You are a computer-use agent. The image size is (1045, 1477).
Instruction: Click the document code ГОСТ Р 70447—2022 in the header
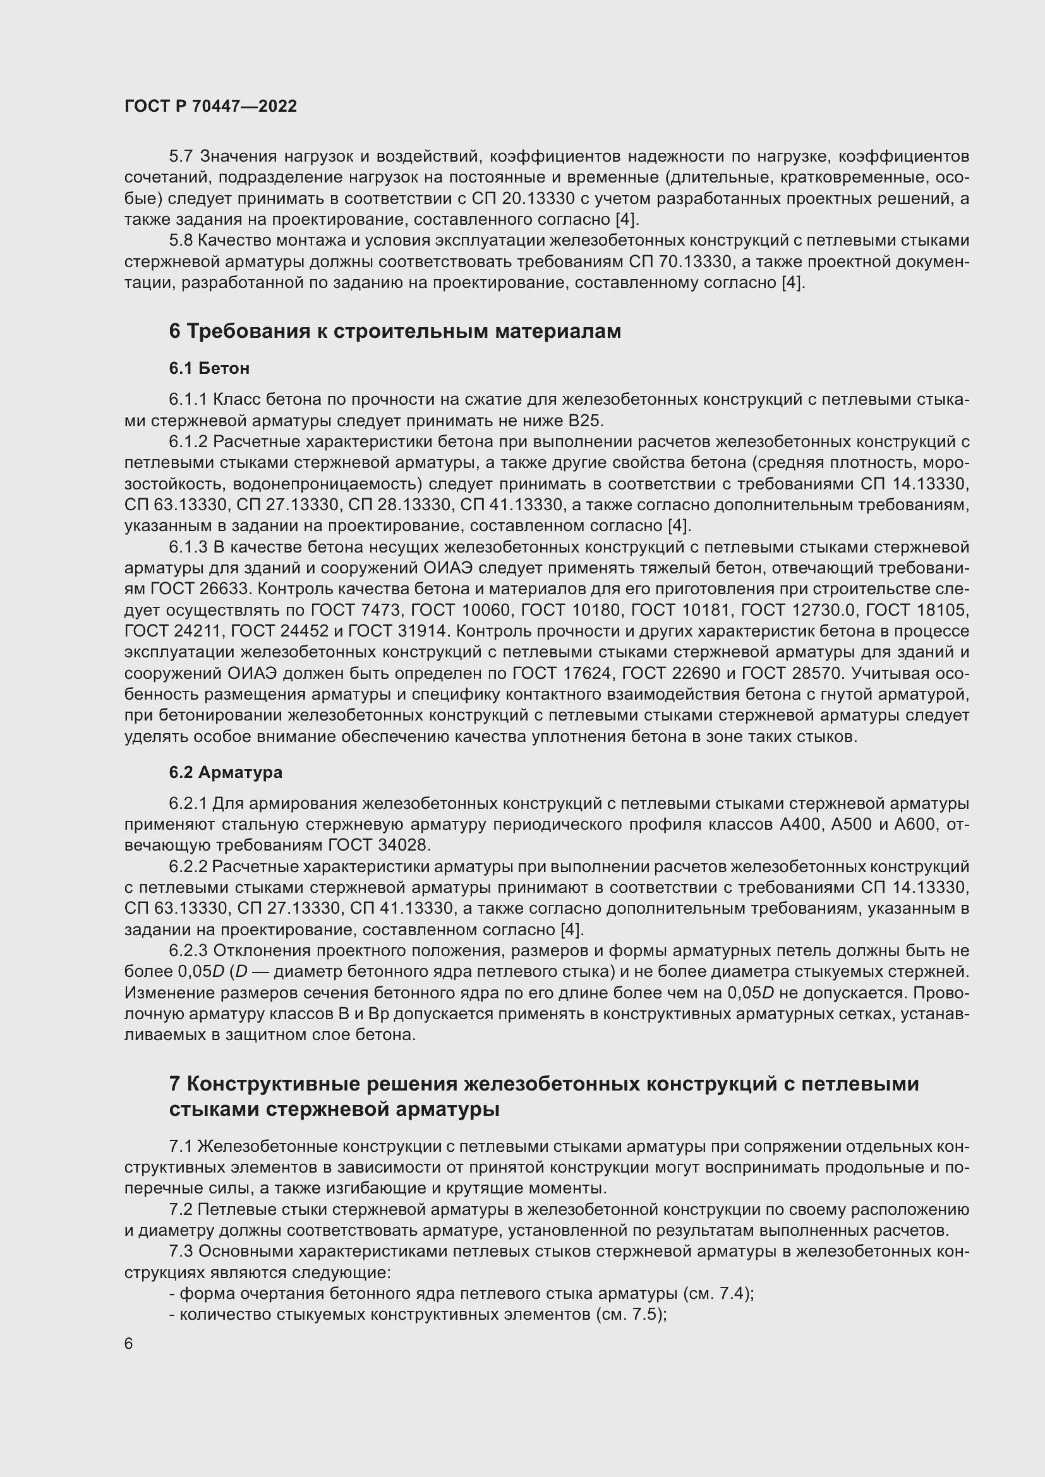210,106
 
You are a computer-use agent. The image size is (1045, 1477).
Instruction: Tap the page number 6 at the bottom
129,1344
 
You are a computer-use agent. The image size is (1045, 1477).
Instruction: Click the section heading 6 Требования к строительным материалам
394,332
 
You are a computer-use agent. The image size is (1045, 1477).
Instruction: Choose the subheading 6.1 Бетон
209,368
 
